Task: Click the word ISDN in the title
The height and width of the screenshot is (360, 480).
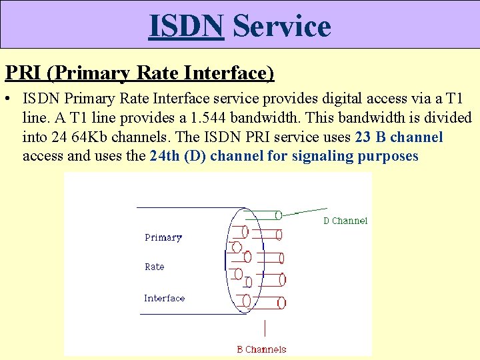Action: click(x=186, y=26)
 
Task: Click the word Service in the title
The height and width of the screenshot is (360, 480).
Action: click(x=281, y=26)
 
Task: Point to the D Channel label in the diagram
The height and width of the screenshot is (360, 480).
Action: click(x=345, y=221)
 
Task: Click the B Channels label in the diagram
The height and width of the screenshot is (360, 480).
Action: click(x=261, y=349)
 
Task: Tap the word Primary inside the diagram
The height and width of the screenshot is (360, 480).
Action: click(x=163, y=237)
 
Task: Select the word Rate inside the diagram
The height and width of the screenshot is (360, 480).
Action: click(x=154, y=267)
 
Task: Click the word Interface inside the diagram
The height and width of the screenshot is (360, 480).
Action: click(x=165, y=298)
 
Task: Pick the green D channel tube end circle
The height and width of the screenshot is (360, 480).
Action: click(x=279, y=215)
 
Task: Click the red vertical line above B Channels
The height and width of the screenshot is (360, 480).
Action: click(x=265, y=329)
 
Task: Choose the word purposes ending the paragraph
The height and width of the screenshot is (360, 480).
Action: click(x=388, y=156)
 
